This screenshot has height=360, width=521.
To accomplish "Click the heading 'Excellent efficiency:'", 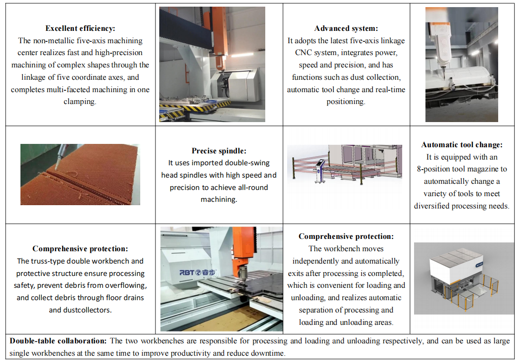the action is pos(80,28).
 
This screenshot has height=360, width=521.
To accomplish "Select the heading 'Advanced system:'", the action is pos(346,28).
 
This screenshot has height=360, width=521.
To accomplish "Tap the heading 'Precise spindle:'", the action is pos(219,151).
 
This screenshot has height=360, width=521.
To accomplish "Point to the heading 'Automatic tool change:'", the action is pos(462,144).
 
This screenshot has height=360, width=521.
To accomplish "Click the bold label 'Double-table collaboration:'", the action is pos(58,341).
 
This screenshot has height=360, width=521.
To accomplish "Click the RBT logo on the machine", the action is pos(197,273).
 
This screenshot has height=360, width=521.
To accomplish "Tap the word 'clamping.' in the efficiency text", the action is pos(80,102).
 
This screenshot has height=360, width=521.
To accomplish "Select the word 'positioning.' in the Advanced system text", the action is pos(346,102).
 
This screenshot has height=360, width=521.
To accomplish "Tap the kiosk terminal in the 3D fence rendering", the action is pos(320,171).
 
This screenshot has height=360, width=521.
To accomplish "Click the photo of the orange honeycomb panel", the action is pos(80,174).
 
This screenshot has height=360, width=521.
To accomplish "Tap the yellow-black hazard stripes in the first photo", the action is pos(186,108).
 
